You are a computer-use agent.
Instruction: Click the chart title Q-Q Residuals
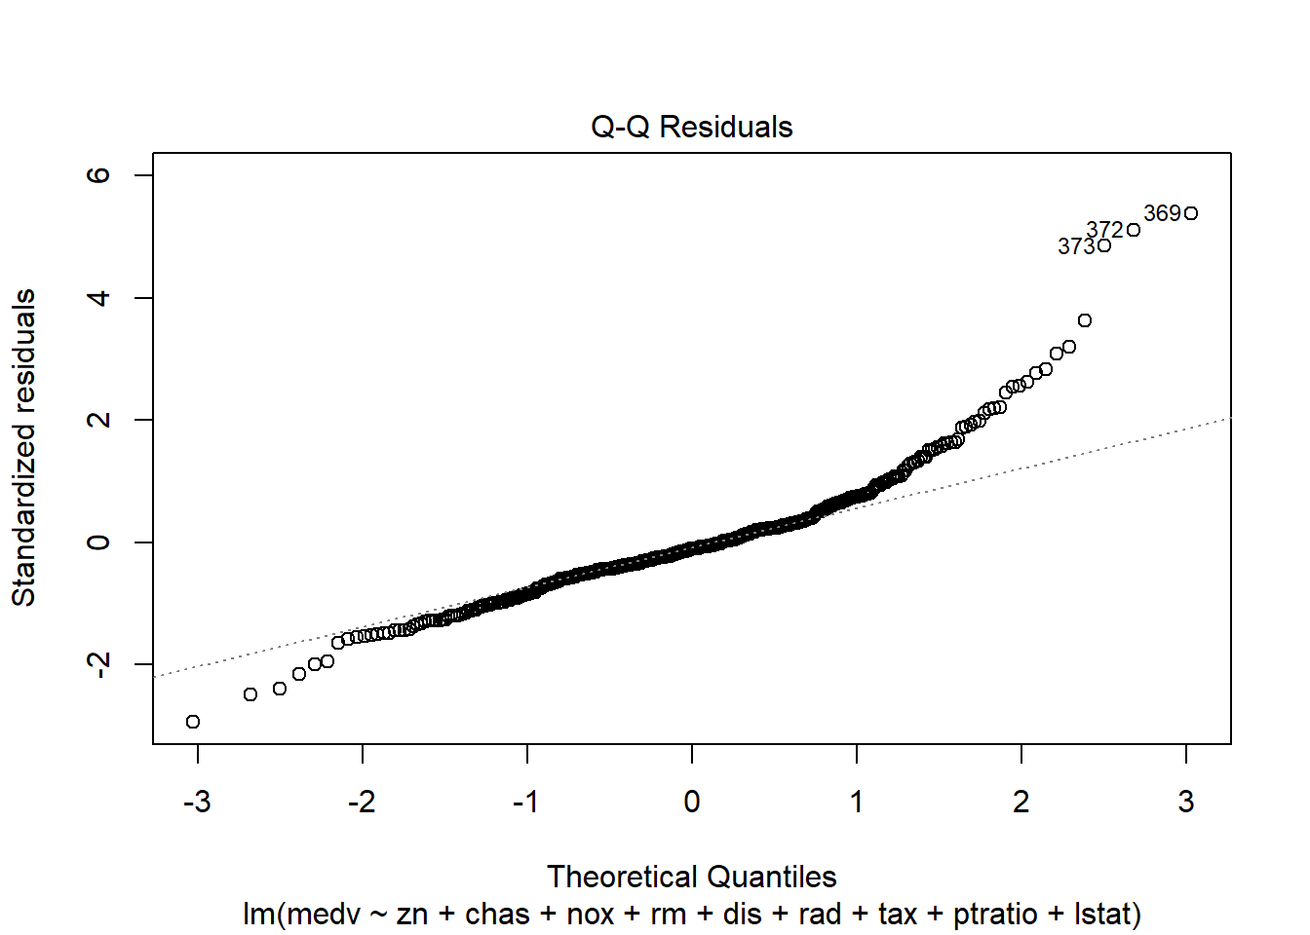click(x=691, y=127)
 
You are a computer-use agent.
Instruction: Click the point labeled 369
click(x=1191, y=213)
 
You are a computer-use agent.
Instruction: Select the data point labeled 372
click(x=1134, y=230)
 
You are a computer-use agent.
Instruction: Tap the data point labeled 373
click(x=1104, y=245)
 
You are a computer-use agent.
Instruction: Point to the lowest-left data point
click(x=193, y=722)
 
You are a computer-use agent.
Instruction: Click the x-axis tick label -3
click(x=197, y=802)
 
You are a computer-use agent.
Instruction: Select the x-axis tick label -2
click(x=362, y=802)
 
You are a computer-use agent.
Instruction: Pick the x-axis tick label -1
click(x=526, y=802)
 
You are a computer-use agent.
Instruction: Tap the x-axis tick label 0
click(x=692, y=802)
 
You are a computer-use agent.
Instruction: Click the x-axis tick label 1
click(x=857, y=802)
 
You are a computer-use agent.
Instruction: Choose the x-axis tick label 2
click(x=1021, y=802)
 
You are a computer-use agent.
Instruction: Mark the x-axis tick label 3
click(x=1186, y=802)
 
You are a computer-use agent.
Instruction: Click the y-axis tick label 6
click(x=98, y=175)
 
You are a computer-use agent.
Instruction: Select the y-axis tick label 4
click(x=98, y=297)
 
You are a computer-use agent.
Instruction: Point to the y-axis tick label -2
click(x=98, y=664)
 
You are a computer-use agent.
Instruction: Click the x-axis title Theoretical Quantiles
click(x=691, y=877)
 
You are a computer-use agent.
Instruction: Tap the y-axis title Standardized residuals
click(x=23, y=447)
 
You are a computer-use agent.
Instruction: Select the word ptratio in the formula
click(x=995, y=915)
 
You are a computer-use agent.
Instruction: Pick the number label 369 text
click(x=1162, y=213)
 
